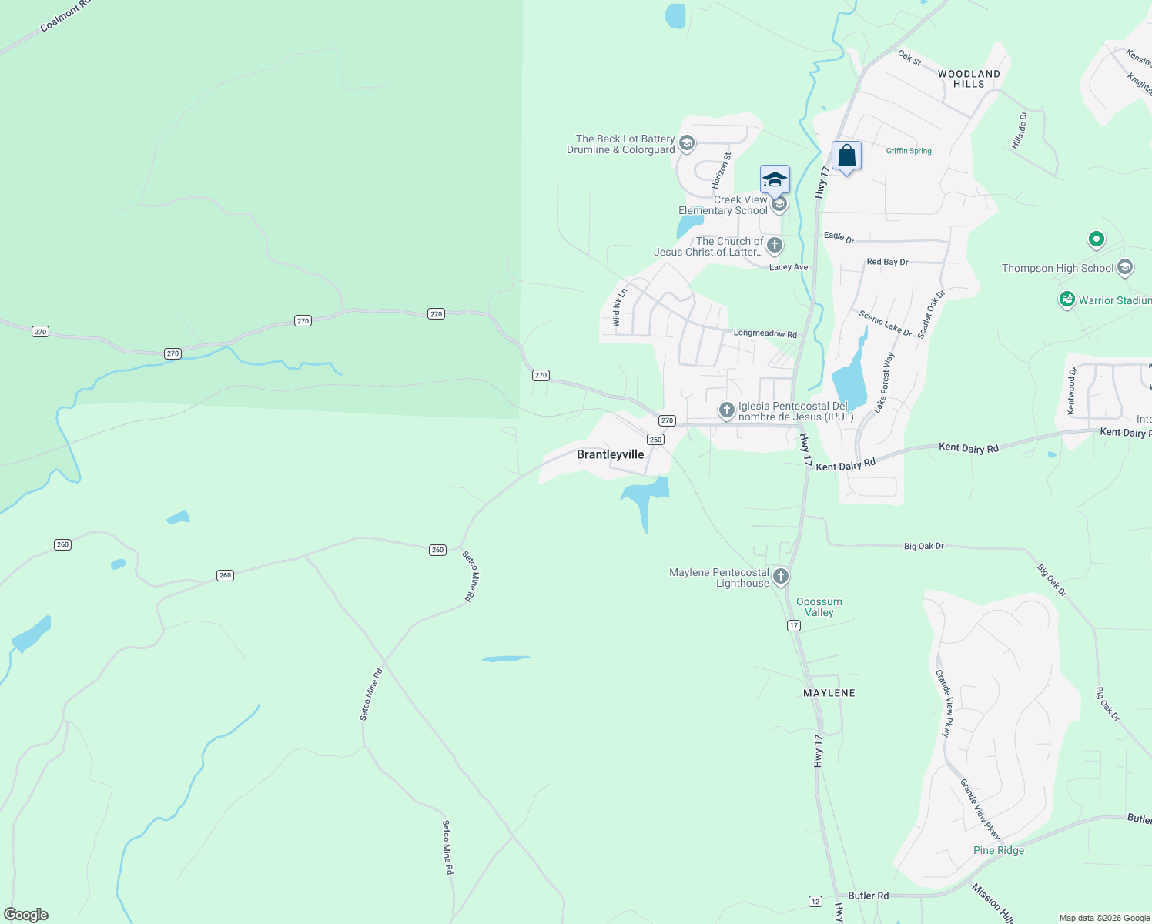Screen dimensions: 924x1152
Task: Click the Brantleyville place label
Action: tap(610, 454)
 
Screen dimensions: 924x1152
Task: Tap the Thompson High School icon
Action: tap(1124, 267)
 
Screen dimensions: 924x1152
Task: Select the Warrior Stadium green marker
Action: tap(1067, 300)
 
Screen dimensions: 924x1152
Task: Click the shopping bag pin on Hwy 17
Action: tap(846, 156)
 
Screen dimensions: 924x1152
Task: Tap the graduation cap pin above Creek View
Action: tap(775, 179)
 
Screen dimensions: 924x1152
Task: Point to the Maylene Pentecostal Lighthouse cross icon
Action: tap(780, 577)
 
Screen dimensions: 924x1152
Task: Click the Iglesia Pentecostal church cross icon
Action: tap(726, 410)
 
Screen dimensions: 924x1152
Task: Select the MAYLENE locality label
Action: tap(829, 693)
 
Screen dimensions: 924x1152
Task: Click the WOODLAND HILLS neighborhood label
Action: tap(969, 79)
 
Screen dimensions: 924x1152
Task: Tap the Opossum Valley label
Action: tap(819, 607)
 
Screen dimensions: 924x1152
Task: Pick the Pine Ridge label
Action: tap(999, 850)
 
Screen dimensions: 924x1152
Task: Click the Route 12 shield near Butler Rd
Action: tap(815, 901)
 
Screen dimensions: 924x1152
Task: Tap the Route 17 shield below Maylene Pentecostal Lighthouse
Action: tap(794, 625)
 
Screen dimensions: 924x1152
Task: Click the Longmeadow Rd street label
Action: tap(765, 333)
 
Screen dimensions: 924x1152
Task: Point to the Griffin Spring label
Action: tap(909, 151)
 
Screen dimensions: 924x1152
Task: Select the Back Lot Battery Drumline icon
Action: tap(687, 143)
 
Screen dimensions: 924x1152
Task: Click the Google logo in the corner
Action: tap(26, 915)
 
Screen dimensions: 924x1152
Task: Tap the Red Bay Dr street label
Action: tap(887, 262)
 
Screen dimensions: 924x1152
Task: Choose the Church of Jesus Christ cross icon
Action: tap(775, 246)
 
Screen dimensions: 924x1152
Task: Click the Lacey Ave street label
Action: tap(789, 267)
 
